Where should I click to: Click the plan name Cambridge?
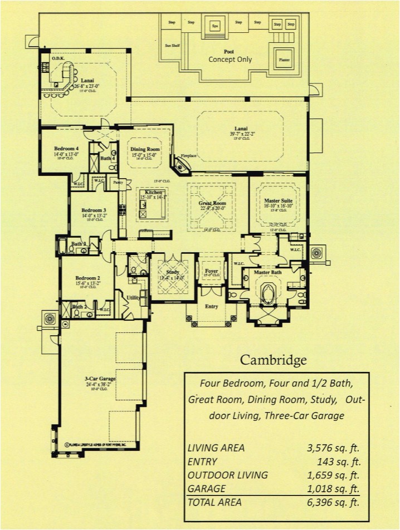(x=273, y=360)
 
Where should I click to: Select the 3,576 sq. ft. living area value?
(x=333, y=448)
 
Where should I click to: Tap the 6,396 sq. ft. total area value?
(x=333, y=502)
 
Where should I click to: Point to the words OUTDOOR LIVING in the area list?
(x=228, y=475)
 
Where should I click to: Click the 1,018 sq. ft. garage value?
(x=333, y=488)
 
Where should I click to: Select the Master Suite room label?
(x=279, y=201)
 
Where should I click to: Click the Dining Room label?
(x=145, y=150)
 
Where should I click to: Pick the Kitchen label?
(x=153, y=192)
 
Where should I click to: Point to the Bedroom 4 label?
(x=66, y=149)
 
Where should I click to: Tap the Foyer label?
(x=211, y=271)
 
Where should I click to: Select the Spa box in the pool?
(x=214, y=26)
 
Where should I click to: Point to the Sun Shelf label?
(x=172, y=46)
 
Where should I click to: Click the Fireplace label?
(x=189, y=156)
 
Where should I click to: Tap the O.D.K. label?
(x=58, y=58)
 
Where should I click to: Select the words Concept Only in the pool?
(x=230, y=60)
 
